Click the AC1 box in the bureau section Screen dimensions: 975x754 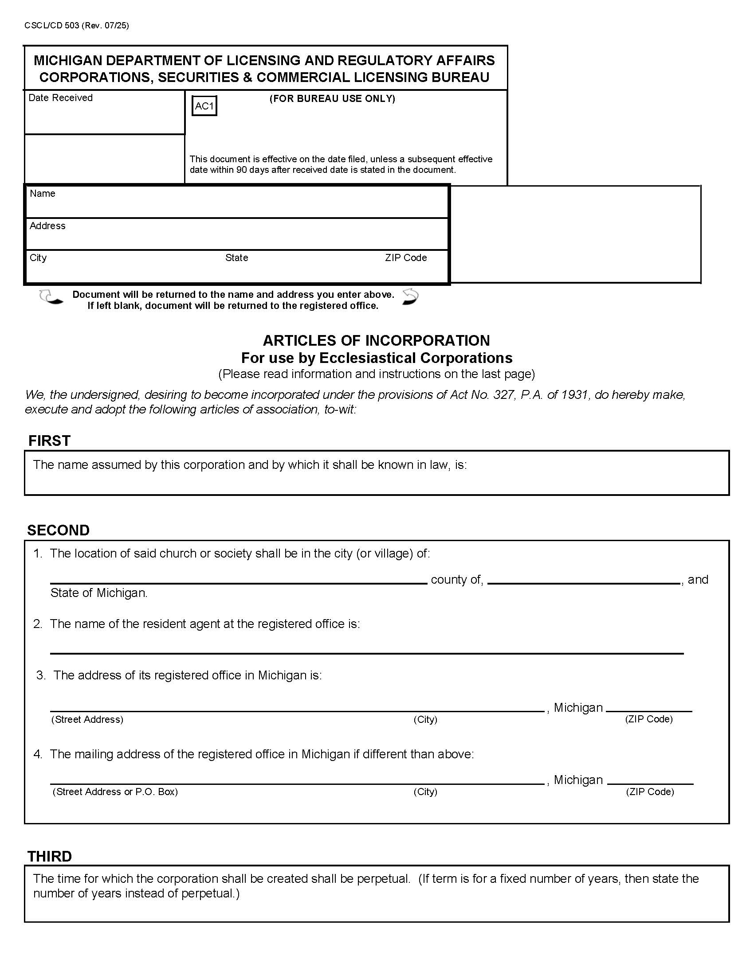[204, 106]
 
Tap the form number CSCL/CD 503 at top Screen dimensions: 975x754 [76, 25]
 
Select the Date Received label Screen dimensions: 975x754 [60, 98]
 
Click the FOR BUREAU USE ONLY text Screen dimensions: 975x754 [332, 99]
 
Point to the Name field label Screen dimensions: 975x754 [43, 193]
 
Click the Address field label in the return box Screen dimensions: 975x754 [47, 226]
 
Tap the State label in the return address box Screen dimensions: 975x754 [236, 257]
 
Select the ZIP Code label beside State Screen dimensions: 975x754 [405, 257]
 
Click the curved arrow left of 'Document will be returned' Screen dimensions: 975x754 [50, 297]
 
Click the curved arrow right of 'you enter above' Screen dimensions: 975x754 [410, 297]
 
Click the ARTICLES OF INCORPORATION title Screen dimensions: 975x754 [376, 341]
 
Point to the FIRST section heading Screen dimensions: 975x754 [49, 441]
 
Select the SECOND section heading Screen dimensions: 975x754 [58, 530]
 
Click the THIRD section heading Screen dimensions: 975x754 [50, 856]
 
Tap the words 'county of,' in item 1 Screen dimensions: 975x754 [456, 580]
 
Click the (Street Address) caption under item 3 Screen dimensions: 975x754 [87, 719]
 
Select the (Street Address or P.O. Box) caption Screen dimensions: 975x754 [115, 792]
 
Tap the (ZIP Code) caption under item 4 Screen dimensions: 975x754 [649, 792]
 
